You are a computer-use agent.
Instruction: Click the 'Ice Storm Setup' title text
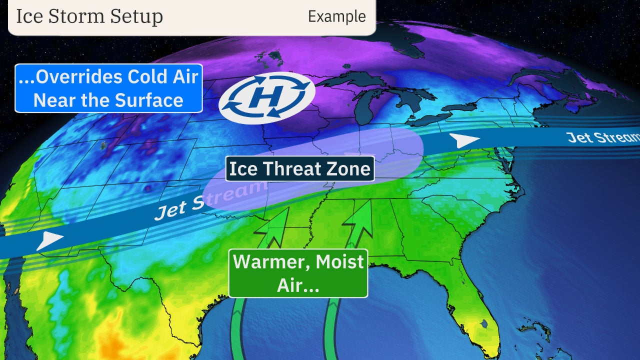click(89, 16)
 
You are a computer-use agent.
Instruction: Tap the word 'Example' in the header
click(336, 16)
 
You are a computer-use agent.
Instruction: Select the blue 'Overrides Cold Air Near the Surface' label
click(108, 88)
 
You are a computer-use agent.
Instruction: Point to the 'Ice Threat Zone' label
click(300, 169)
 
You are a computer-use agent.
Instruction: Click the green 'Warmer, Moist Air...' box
click(298, 273)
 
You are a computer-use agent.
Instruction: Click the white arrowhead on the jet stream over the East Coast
click(463, 140)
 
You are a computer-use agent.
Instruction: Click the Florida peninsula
click(475, 305)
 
